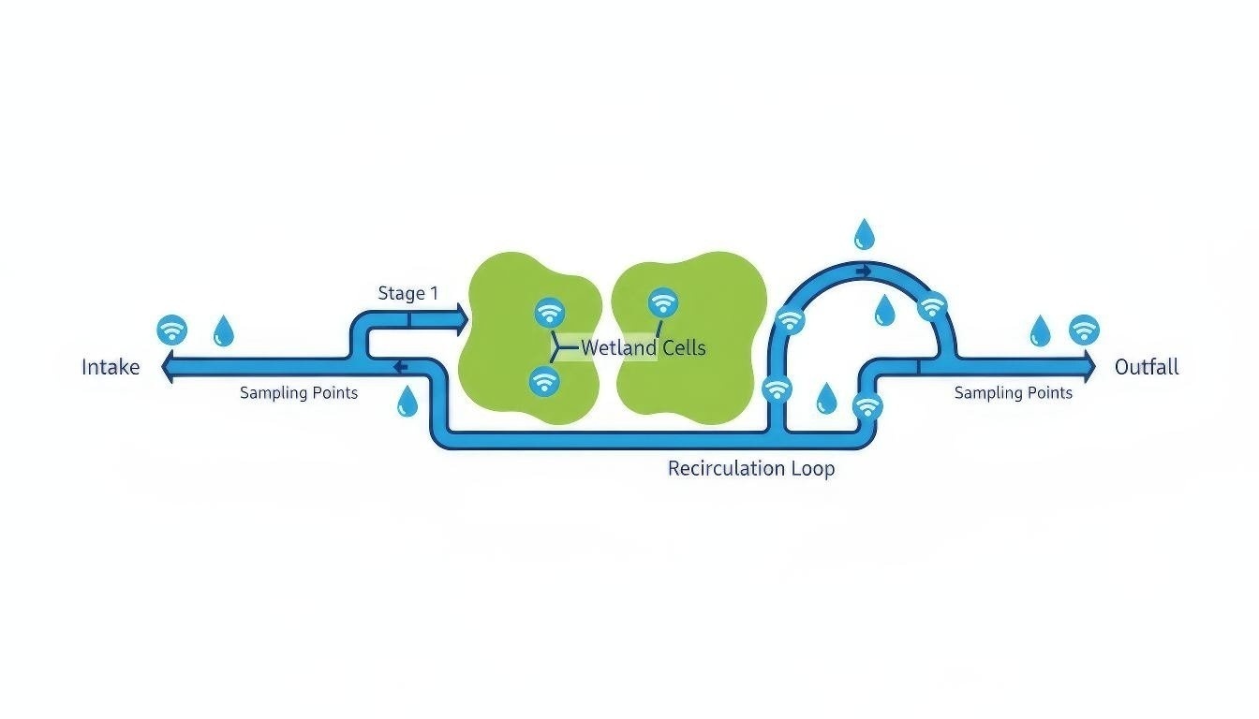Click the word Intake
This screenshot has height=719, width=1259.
[111, 367]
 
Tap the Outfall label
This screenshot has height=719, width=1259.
[1146, 367]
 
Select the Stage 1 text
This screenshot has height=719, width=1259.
[407, 293]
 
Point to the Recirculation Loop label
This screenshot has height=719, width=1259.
[750, 468]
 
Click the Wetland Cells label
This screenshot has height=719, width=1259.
[643, 348]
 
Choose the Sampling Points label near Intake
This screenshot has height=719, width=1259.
[298, 393]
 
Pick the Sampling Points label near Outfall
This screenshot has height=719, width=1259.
[1013, 393]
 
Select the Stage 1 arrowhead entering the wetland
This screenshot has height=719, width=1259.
[459, 319]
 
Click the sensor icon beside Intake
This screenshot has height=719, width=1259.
[171, 330]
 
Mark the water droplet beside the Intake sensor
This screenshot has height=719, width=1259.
[224, 331]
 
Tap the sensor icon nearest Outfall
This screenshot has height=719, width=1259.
[1084, 330]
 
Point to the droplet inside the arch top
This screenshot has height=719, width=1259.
[883, 311]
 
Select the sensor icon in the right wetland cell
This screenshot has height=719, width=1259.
[663, 302]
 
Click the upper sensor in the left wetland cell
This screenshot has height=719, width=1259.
[549, 312]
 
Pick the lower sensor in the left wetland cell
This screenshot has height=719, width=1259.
[544, 381]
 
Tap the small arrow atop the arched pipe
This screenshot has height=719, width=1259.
[864, 271]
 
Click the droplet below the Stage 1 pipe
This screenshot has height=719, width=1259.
[407, 401]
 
